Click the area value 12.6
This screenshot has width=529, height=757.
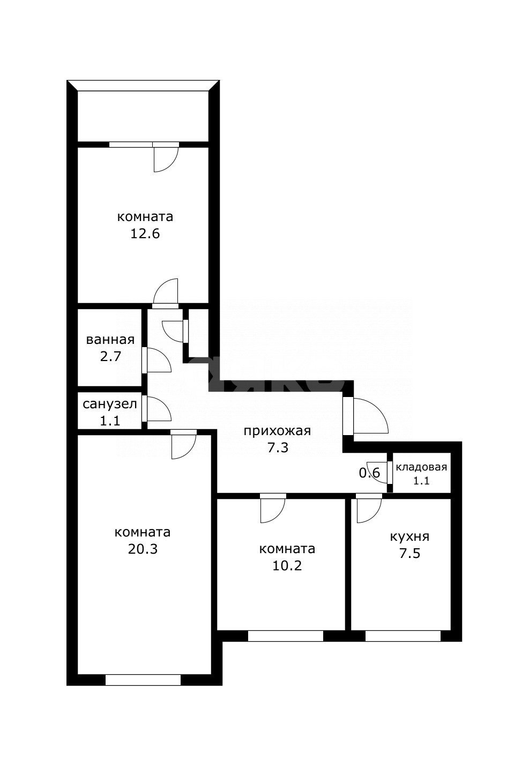pyautogui.click(x=145, y=233)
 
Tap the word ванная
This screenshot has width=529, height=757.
pyautogui.click(x=110, y=340)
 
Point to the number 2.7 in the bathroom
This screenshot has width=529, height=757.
pyautogui.click(x=110, y=357)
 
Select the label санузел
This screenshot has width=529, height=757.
pyautogui.click(x=110, y=404)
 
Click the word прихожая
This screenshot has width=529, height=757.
pyautogui.click(x=277, y=431)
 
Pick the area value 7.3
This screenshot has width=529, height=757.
pyautogui.click(x=278, y=448)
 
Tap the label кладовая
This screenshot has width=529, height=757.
pyautogui.click(x=421, y=467)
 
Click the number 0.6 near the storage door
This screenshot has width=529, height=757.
pyautogui.click(x=369, y=473)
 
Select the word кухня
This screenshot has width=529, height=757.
pyautogui.click(x=409, y=537)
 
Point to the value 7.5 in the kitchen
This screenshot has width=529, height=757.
pyautogui.click(x=410, y=554)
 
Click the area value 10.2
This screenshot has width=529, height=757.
pyautogui.click(x=287, y=565)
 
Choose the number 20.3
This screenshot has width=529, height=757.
pyautogui.click(x=143, y=549)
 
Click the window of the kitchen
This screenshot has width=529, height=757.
pyautogui.click(x=403, y=636)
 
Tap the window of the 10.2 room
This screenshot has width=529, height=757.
pyautogui.click(x=286, y=636)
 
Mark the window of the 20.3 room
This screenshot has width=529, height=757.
pyautogui.click(x=143, y=680)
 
